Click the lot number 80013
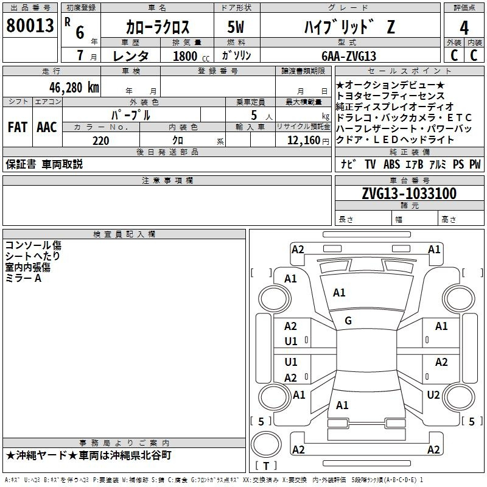point(30,26)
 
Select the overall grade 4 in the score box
point(464,28)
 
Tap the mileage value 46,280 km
point(74,88)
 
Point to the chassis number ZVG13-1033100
point(409,193)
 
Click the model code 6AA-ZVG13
point(349,56)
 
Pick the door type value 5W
point(236,27)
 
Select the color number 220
point(100,141)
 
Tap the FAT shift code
point(18,127)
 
